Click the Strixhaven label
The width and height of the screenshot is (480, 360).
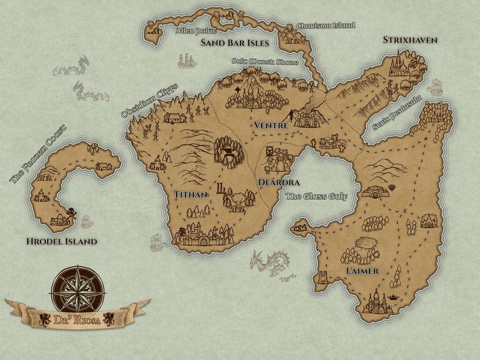[x=410, y=40]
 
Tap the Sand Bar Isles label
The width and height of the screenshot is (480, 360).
[x=234, y=43]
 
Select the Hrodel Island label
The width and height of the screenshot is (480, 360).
[x=62, y=241]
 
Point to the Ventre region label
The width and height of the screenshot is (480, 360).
[x=271, y=126]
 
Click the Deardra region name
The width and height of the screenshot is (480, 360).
[x=279, y=182]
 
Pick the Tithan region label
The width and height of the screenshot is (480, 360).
[x=191, y=194]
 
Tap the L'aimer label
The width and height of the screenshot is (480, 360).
[x=362, y=271]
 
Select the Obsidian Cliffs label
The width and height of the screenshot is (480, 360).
[x=149, y=100]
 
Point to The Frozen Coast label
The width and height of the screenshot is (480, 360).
[x=37, y=153]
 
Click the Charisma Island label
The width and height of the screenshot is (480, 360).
[x=326, y=26]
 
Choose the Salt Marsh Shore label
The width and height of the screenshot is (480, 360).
[x=264, y=62]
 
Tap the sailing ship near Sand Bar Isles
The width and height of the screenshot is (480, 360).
[x=187, y=61]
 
